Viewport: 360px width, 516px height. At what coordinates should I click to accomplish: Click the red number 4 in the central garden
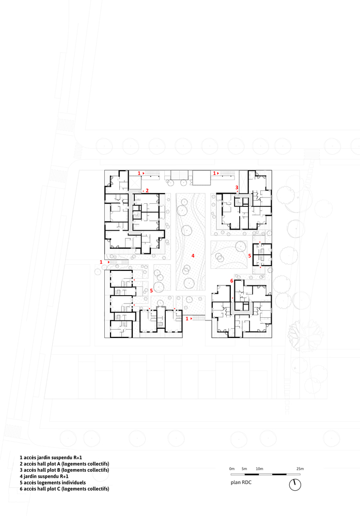[x=193, y=256]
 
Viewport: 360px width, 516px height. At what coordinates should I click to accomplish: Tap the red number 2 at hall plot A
[x=147, y=190]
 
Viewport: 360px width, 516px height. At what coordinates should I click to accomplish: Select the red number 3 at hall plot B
[x=237, y=187]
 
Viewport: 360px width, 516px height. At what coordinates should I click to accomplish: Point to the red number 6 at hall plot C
[x=231, y=281]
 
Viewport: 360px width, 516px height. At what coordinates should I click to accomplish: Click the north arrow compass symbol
[x=295, y=485]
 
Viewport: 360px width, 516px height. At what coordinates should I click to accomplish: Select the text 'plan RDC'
[x=241, y=482]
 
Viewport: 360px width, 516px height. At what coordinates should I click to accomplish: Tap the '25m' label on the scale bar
[x=300, y=469]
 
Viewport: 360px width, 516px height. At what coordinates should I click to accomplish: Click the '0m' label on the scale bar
[x=232, y=469]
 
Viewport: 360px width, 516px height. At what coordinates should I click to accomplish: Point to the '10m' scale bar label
[x=260, y=469]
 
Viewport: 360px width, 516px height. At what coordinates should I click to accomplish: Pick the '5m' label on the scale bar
[x=244, y=469]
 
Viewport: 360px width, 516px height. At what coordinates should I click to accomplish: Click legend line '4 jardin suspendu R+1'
[x=44, y=476]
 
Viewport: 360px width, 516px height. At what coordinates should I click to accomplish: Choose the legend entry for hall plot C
[x=65, y=489]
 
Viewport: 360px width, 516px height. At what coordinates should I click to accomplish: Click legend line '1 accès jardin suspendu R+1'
[x=51, y=457]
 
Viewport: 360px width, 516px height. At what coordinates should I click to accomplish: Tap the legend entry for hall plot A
[x=65, y=464]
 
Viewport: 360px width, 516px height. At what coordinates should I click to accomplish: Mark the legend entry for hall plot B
[x=65, y=470]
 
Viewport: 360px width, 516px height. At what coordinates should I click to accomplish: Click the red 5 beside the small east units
[x=249, y=256]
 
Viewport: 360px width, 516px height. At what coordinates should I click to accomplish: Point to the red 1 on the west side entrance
[x=101, y=262]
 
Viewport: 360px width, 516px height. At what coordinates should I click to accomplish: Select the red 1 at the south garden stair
[x=187, y=318]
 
